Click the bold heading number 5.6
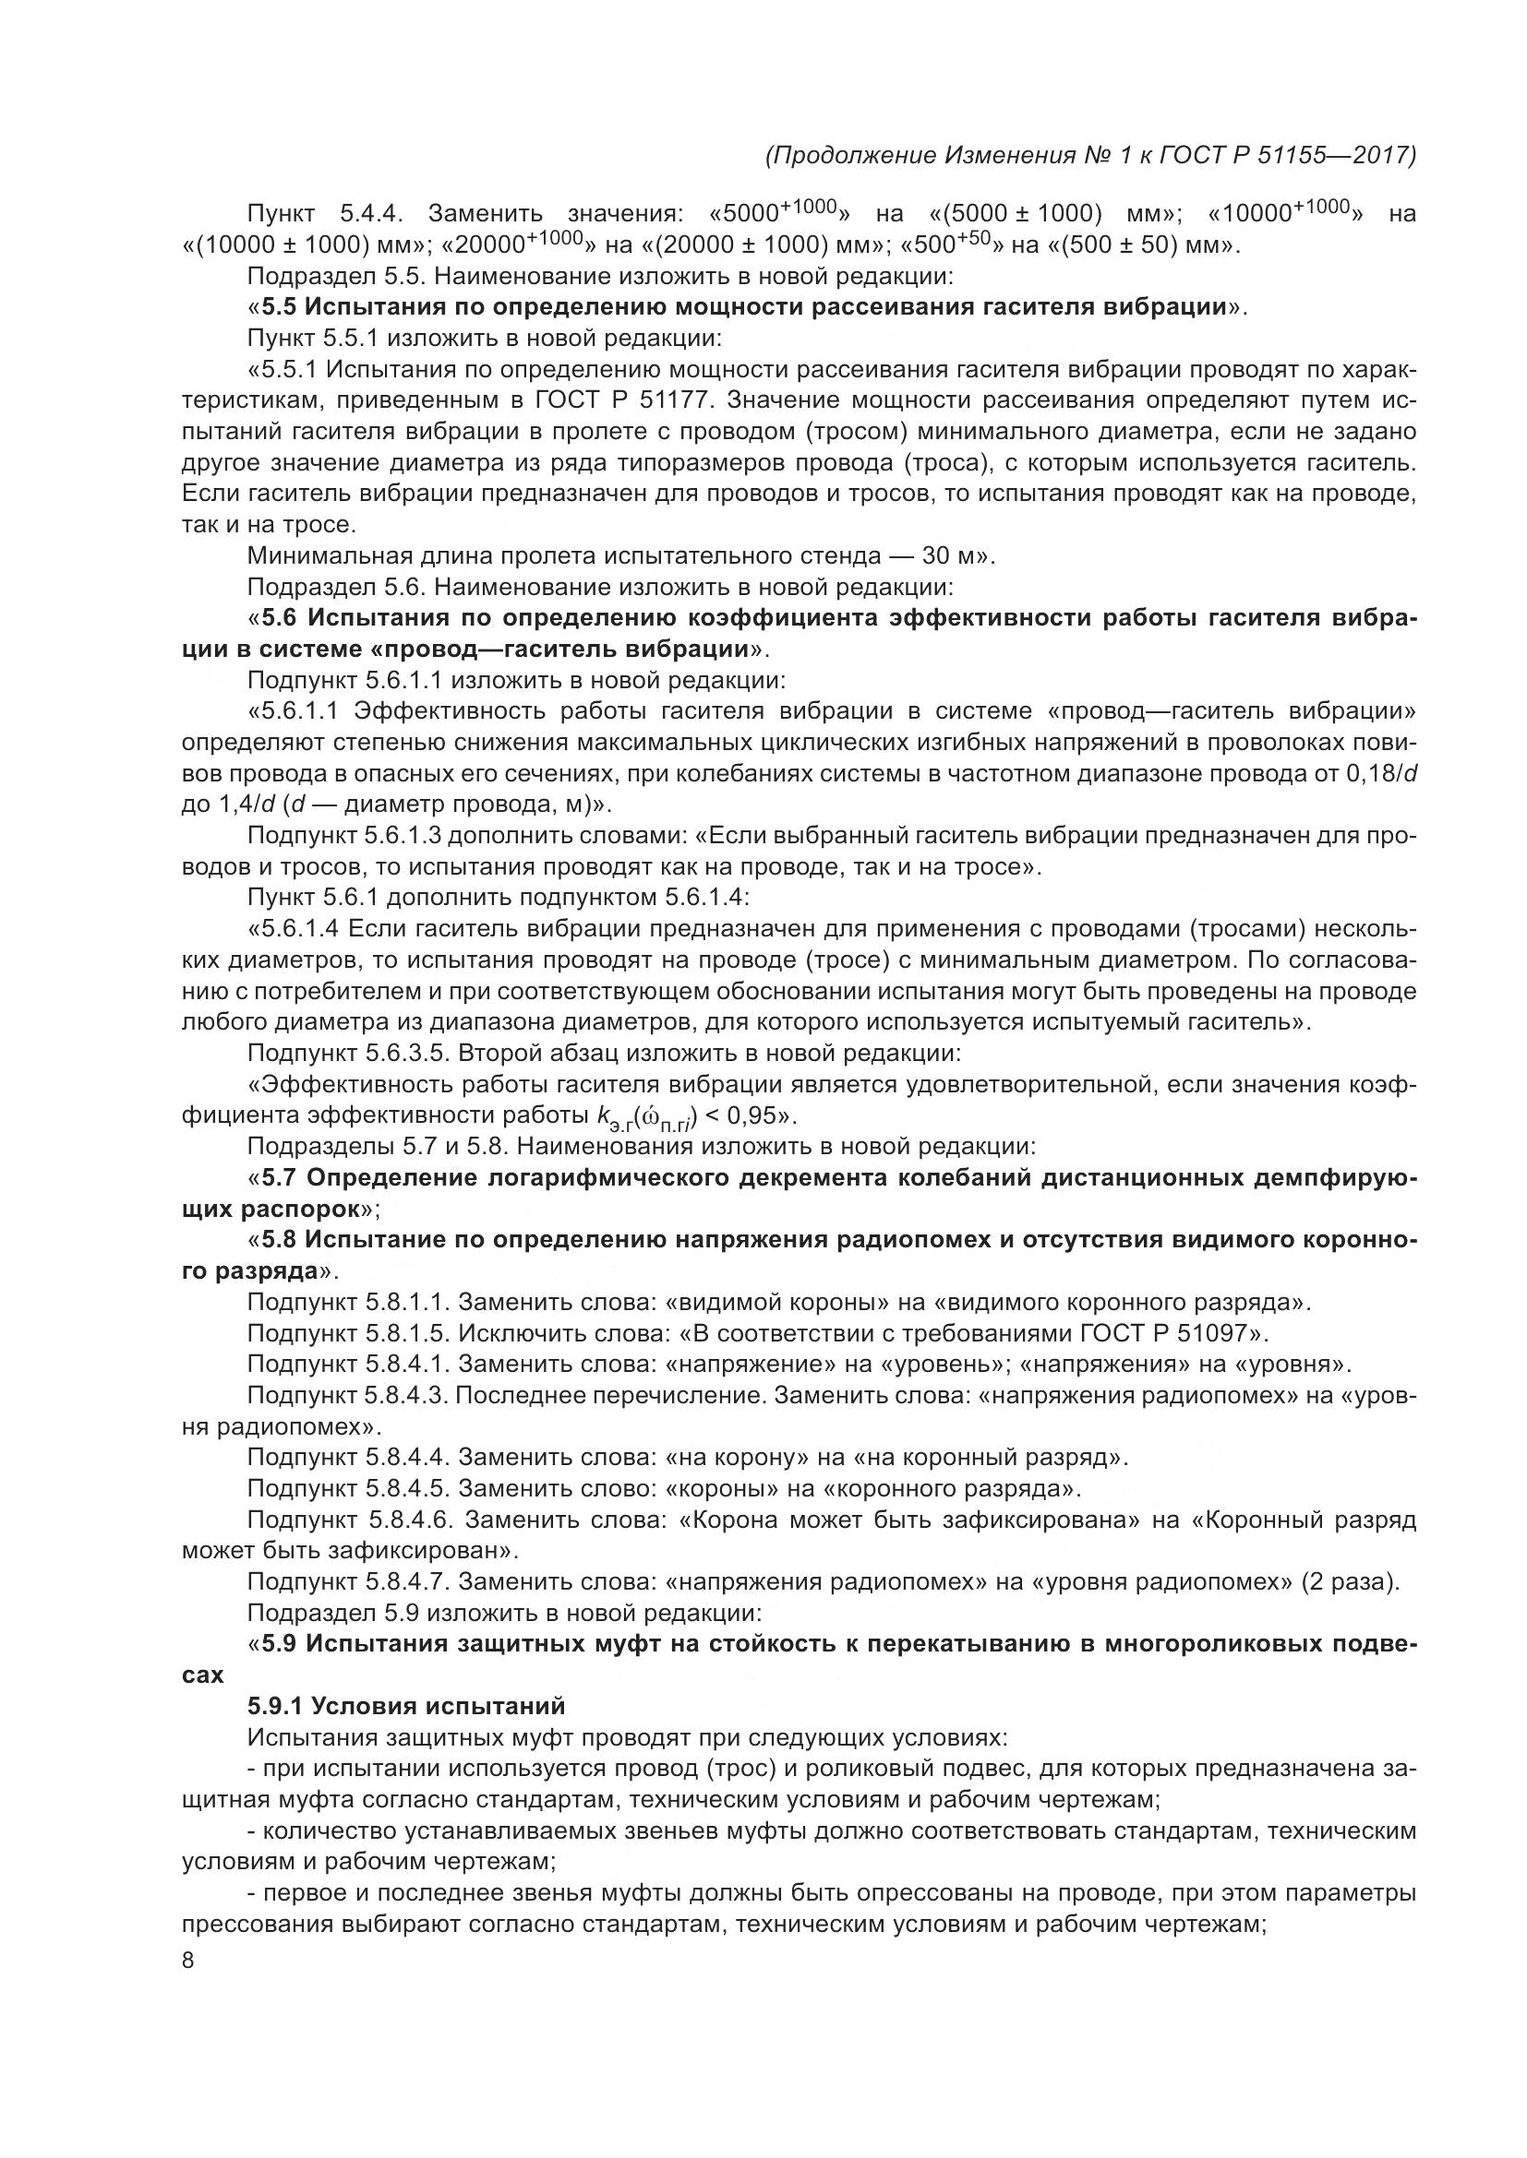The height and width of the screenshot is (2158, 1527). click(281, 618)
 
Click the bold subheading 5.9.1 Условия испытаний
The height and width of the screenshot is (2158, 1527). click(405, 1705)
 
